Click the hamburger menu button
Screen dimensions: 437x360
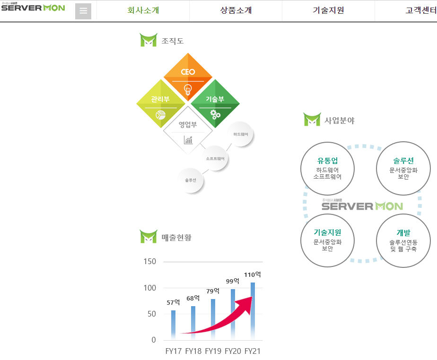pyautogui.click(x=83, y=11)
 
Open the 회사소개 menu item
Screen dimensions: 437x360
pyautogui.click(x=143, y=10)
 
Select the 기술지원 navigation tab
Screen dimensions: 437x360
pyautogui.click(x=328, y=10)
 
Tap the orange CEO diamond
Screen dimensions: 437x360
pyautogui.click(x=188, y=76)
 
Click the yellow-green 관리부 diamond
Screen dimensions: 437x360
pyautogui.click(x=160, y=103)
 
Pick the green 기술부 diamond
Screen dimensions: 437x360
pyautogui.click(x=215, y=103)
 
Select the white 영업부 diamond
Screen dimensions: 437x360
pyautogui.click(x=188, y=129)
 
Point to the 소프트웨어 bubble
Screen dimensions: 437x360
pyautogui.click(x=215, y=158)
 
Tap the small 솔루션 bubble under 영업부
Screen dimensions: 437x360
pyautogui.click(x=191, y=180)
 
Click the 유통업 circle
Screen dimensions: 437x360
pyautogui.click(x=327, y=168)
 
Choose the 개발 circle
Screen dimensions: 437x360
pyautogui.click(x=403, y=240)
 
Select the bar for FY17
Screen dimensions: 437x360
pyautogui.click(x=173, y=325)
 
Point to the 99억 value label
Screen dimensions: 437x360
pyautogui.click(x=233, y=281)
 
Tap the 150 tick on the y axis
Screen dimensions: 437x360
pyautogui.click(x=150, y=262)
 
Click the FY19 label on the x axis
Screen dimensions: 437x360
pyautogui.click(x=213, y=351)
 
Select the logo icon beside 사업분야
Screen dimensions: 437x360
pyautogui.click(x=312, y=120)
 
